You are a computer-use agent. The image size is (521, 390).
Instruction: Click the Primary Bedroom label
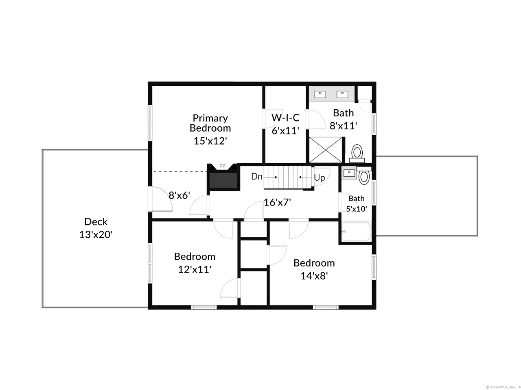click(x=210, y=123)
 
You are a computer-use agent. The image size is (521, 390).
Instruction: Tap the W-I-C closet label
click(x=285, y=117)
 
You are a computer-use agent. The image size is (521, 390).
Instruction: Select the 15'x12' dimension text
click(x=210, y=141)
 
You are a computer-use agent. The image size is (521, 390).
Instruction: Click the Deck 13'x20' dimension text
click(x=96, y=235)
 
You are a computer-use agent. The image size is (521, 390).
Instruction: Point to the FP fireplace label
click(x=222, y=166)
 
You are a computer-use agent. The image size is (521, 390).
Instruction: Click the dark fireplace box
click(x=223, y=181)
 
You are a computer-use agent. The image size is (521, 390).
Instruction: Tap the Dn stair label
click(x=256, y=176)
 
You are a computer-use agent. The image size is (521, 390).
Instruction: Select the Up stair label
click(x=319, y=178)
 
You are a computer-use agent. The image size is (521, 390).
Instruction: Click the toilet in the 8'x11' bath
click(x=357, y=153)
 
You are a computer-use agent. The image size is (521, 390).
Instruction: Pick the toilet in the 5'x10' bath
click(x=364, y=176)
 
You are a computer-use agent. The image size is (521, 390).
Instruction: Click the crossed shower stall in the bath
click(x=325, y=150)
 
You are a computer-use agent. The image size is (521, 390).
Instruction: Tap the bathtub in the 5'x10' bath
click(x=356, y=232)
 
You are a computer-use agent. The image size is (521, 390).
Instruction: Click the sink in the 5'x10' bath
click(x=349, y=173)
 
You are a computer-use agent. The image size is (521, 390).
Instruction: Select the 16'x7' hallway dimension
click(x=277, y=202)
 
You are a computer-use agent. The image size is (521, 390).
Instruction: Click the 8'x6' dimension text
click(x=179, y=195)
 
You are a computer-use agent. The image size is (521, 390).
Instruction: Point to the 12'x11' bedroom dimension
click(x=195, y=269)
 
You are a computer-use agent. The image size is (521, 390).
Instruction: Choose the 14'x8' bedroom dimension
click(x=314, y=276)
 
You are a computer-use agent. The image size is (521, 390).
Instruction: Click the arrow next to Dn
click(x=270, y=177)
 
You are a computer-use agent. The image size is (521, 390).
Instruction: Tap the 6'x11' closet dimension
click(x=285, y=130)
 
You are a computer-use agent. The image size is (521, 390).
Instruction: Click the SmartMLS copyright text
click(x=503, y=387)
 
